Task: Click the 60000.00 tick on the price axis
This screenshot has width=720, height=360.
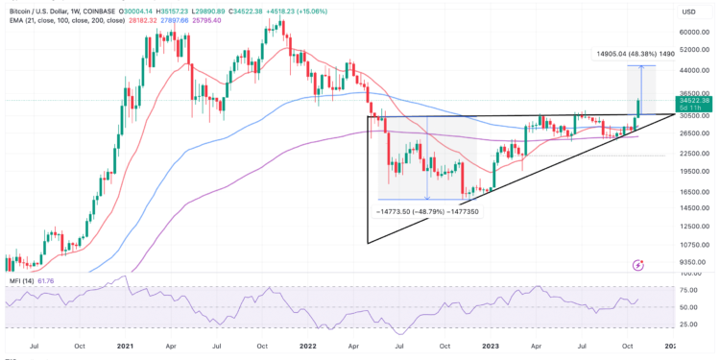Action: [693, 32]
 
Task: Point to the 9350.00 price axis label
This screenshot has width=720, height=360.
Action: [691, 260]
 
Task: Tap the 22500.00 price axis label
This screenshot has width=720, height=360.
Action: [693, 154]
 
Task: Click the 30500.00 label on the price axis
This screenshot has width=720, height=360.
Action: [693, 114]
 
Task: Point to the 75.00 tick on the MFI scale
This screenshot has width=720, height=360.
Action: [689, 288]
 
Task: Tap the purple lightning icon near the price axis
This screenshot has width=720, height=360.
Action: [638, 264]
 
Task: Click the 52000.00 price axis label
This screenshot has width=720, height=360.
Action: [693, 51]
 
